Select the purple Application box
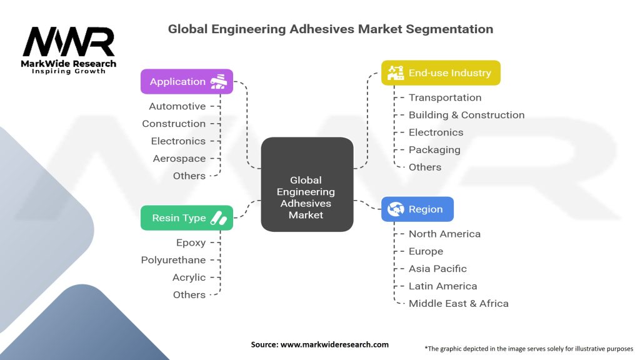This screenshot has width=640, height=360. (187, 82)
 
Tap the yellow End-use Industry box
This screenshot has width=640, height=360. (441, 73)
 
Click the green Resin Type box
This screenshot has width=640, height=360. (187, 218)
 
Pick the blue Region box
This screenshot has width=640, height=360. (417, 209)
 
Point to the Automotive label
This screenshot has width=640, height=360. (177, 106)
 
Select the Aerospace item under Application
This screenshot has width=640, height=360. (179, 159)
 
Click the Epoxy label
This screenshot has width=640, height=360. (191, 242)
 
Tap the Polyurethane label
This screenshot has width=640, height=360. (173, 260)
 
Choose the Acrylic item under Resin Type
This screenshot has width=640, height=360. (189, 277)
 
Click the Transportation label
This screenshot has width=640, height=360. (445, 97)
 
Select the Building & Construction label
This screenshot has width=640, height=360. (466, 115)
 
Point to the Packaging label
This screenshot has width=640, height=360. (434, 150)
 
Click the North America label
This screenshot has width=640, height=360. (444, 234)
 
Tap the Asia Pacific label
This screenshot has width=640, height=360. (437, 269)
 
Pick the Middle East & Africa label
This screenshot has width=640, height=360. (458, 304)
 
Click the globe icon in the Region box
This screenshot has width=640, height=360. (396, 209)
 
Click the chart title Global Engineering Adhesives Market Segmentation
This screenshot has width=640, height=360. (331, 29)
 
